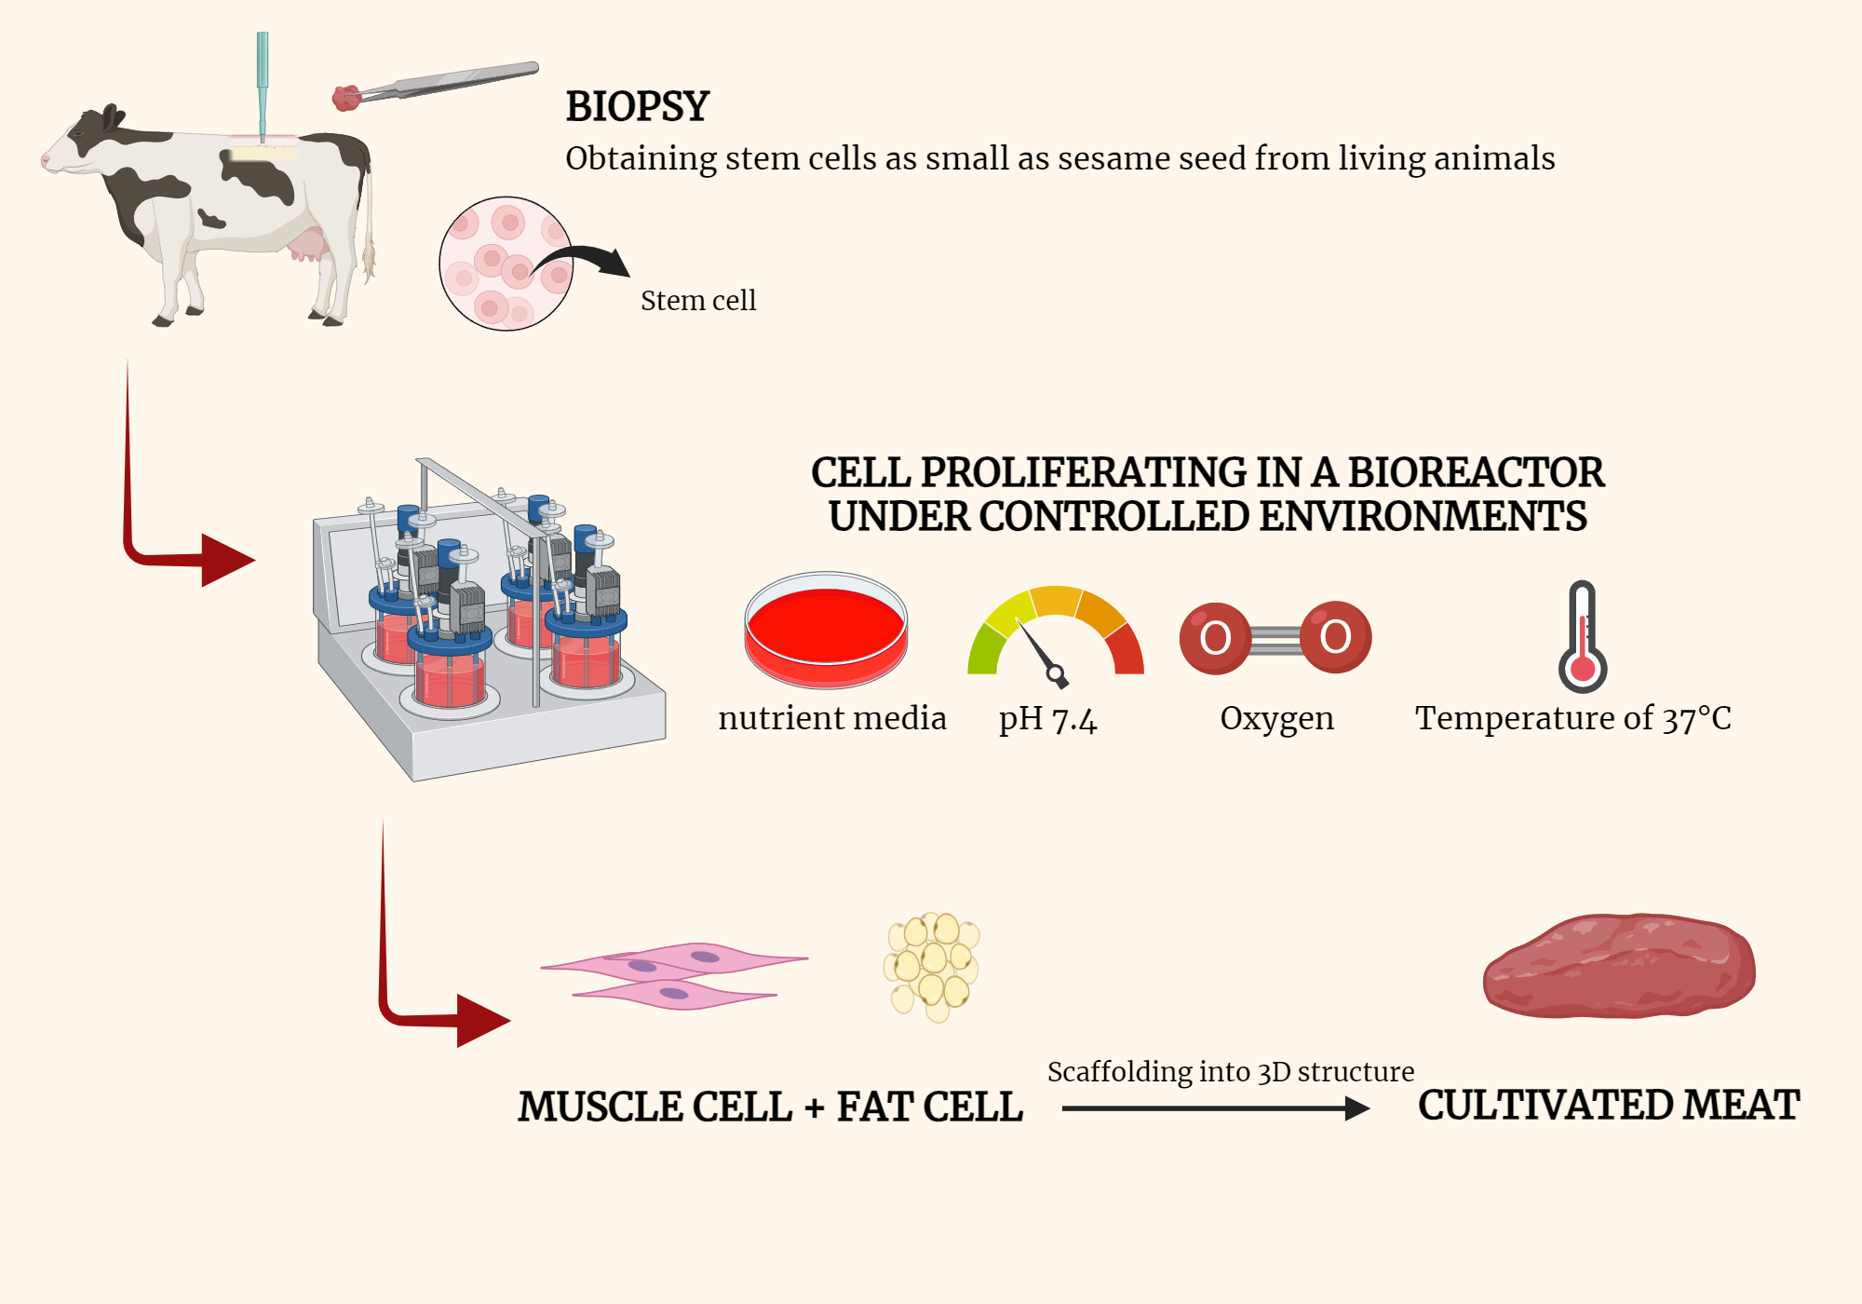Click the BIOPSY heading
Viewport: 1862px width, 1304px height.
tap(638, 106)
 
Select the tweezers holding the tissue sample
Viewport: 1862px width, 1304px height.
tap(447, 82)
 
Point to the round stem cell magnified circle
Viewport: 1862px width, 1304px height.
tap(506, 264)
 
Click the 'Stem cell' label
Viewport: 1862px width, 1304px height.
tap(698, 301)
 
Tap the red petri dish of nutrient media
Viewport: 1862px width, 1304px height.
tap(825, 629)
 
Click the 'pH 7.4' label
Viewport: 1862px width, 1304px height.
tap(1047, 719)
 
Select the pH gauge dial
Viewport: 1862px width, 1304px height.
tap(1055, 633)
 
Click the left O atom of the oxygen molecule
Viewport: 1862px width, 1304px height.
tap(1215, 638)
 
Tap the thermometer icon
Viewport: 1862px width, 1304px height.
tap(1583, 638)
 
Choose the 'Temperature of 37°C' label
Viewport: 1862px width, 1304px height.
tap(1572, 718)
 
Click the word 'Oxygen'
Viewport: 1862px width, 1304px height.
tap(1276, 718)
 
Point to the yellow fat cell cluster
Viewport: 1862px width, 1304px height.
tap(932, 966)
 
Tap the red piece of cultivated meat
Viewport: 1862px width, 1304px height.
tap(1619, 966)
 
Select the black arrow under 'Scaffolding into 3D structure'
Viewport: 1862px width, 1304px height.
tap(1215, 1108)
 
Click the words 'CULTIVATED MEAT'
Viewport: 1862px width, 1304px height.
tap(1609, 1106)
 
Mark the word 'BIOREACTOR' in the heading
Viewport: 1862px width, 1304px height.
tap(1476, 472)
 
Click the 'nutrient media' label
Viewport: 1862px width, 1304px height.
tap(832, 718)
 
